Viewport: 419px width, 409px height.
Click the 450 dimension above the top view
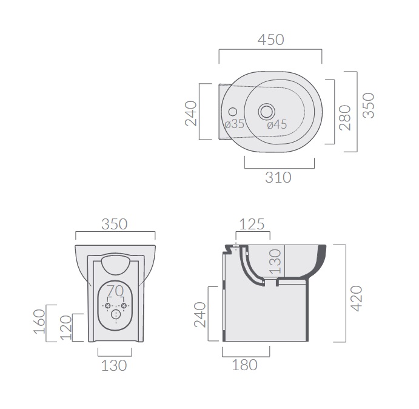270,40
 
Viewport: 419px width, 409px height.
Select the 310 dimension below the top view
278,178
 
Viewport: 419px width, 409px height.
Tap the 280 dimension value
344,118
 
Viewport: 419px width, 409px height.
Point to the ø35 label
234,124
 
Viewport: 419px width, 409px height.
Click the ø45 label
277,124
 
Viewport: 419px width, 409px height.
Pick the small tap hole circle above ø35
233,112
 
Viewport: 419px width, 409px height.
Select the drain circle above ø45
266,111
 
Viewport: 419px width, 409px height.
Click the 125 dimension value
252,224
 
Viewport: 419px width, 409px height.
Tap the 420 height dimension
357,299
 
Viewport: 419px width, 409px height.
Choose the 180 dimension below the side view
244,365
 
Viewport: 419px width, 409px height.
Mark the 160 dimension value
39,322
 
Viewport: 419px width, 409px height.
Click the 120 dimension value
66,328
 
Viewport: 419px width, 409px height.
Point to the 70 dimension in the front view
115,291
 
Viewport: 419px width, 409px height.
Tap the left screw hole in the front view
108,306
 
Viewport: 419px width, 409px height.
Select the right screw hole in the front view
124,306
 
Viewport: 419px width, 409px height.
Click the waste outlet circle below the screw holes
116,314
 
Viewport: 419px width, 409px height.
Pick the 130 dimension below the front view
114,366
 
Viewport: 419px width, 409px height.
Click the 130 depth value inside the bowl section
275,262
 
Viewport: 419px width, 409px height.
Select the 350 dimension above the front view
115,225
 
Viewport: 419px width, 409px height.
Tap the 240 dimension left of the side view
200,315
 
